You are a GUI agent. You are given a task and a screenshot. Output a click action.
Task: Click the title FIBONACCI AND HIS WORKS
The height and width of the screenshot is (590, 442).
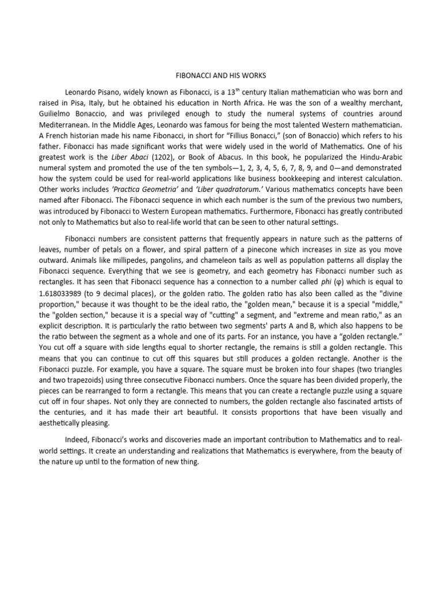point(220,75)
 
